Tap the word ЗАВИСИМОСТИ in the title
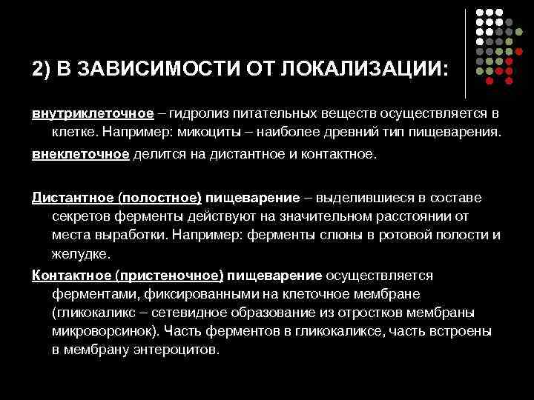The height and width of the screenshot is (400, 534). click(x=139, y=69)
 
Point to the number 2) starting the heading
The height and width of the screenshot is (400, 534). click(x=42, y=69)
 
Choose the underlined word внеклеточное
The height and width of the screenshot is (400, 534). click(x=80, y=156)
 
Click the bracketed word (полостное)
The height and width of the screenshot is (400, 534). click(x=155, y=199)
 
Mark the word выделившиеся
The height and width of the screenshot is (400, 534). click(x=362, y=199)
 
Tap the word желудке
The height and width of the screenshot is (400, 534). click(x=81, y=254)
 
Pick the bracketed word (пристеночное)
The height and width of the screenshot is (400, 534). click(x=168, y=275)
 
